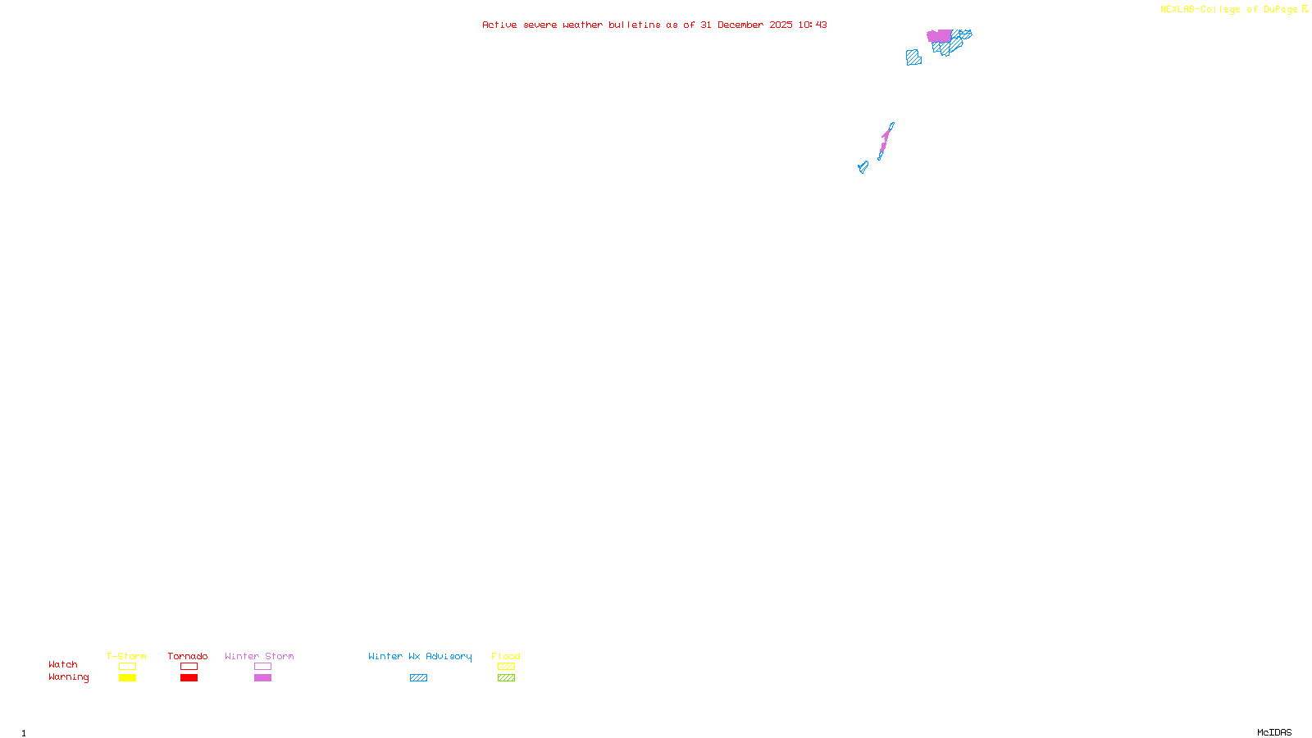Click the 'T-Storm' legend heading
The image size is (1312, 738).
pyautogui.click(x=126, y=656)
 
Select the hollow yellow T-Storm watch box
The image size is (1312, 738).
pyautogui.click(x=127, y=667)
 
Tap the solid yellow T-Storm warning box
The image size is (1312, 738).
pyautogui.click(x=127, y=678)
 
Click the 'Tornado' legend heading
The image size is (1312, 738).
pyautogui.click(x=188, y=656)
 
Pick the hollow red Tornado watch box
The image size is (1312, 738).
pyautogui.click(x=189, y=667)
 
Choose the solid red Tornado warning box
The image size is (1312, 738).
pyautogui.click(x=189, y=678)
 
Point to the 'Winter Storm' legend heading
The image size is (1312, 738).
pyautogui.click(x=259, y=656)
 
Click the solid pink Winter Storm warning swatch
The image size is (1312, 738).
pyautogui.click(x=262, y=678)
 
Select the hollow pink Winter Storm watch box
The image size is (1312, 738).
pyautogui.click(x=262, y=667)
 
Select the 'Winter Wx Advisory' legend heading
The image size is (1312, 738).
pyautogui.click(x=420, y=656)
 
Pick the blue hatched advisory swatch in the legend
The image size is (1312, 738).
pyautogui.click(x=418, y=678)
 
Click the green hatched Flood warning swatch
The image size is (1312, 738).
pyautogui.click(x=506, y=678)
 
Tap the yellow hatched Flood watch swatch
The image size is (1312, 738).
pyautogui.click(x=506, y=667)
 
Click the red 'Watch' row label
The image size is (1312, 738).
pyautogui.click(x=63, y=664)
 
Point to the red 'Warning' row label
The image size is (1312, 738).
pyautogui.click(x=69, y=677)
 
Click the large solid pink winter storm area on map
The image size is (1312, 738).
pyautogui.click(x=940, y=36)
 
